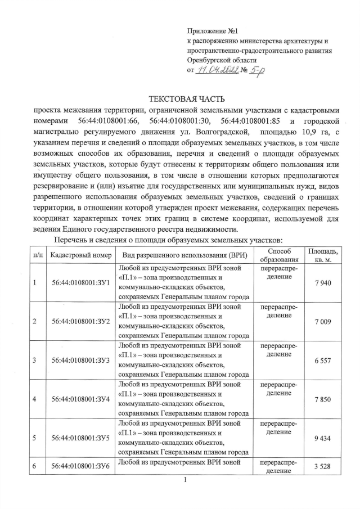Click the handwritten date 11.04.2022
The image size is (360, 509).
[x=218, y=70]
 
